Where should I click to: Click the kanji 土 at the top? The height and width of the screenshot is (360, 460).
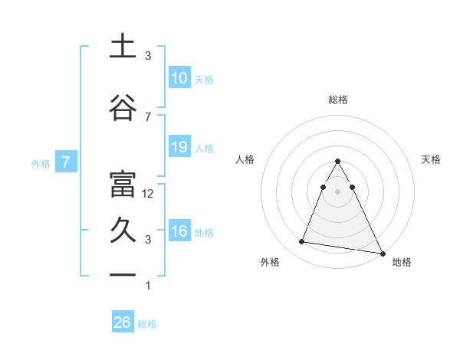coord(123,46)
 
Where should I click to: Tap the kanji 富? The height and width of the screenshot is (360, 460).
coord(123,185)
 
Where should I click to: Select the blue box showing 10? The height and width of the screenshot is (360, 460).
coord(179,78)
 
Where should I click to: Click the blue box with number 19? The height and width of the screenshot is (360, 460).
coord(179,147)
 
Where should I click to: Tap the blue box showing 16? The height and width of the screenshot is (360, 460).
coord(179,231)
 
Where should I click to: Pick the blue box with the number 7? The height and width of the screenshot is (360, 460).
coord(67,162)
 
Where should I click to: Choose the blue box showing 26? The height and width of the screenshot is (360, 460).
coord(122,322)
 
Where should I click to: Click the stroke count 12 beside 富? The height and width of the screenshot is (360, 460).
coord(149,194)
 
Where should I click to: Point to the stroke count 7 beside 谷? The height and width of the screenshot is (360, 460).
coord(148,116)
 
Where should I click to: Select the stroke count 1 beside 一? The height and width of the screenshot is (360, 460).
coord(148,286)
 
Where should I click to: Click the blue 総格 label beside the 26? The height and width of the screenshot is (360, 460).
coord(147,324)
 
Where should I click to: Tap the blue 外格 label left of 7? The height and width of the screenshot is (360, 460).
coord(41,163)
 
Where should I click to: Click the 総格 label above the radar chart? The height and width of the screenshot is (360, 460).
coord(338,100)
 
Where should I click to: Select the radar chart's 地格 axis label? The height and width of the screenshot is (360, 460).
coord(402,262)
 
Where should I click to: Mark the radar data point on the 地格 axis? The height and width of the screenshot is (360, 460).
coord(382,254)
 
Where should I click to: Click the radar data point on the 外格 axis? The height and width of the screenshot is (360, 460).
coord(301,242)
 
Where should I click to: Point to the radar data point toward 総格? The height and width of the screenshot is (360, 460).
coord(338,162)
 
